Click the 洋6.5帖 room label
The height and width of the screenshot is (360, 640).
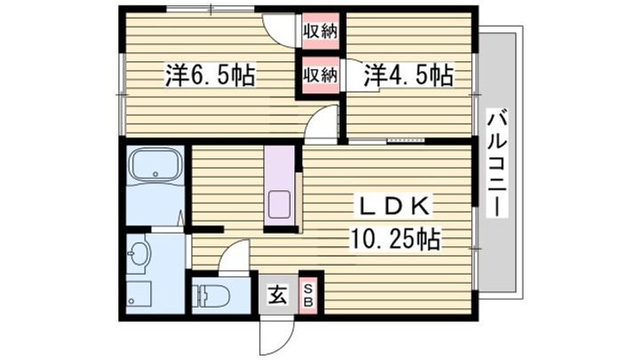210,76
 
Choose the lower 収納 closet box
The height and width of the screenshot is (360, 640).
320,75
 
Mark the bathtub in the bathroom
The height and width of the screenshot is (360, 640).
156,166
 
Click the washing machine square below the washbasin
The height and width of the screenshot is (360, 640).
139,294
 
